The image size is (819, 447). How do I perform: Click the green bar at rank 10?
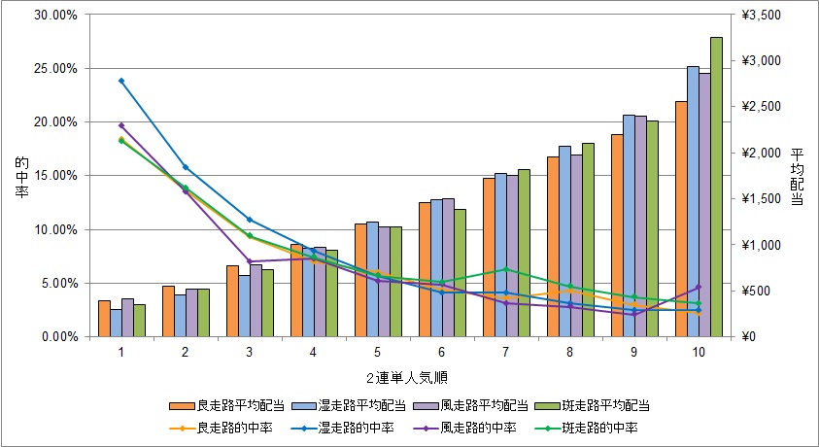pos(716,187)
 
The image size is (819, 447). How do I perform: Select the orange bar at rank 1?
pos(104,319)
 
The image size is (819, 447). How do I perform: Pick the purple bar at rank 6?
pos(448,267)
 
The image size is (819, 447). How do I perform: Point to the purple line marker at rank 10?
pos(699,288)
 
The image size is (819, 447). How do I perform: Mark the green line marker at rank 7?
pos(506,269)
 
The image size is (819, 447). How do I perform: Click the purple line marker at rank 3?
pos(250,261)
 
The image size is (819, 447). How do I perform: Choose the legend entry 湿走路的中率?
pos(357,427)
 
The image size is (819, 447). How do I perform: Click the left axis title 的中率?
pos(20,176)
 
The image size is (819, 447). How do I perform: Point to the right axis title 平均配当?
pos(797,176)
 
